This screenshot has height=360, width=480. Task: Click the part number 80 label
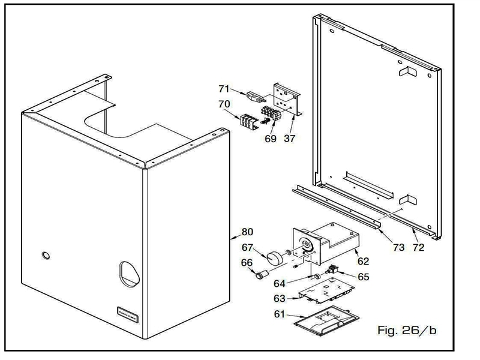pyautogui.click(x=247, y=232)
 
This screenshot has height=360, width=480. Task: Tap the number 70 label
pyautogui.click(x=224, y=104)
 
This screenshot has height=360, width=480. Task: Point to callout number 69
pyautogui.click(x=271, y=139)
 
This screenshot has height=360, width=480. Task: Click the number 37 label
pyautogui.click(x=290, y=139)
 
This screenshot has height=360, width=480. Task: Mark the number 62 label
pyautogui.click(x=363, y=261)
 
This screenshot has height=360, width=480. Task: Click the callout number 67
pyautogui.click(x=247, y=247)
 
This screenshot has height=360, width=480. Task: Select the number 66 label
pyautogui.click(x=247, y=262)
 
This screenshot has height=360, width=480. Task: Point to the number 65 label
pyautogui.click(x=364, y=277)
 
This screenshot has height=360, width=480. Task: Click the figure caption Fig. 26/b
pyautogui.click(x=406, y=329)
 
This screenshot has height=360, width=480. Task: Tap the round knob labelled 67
pyautogui.click(x=275, y=257)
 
